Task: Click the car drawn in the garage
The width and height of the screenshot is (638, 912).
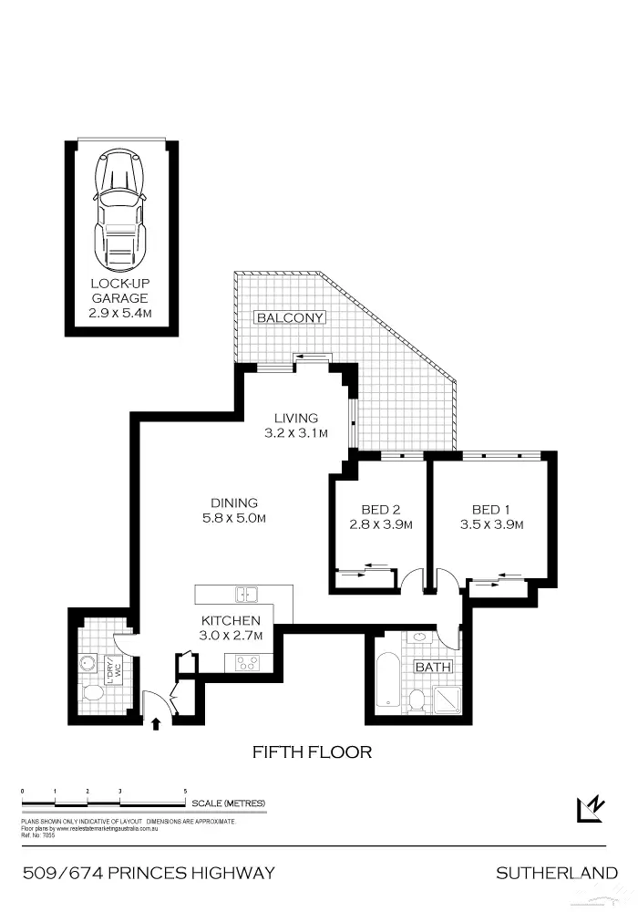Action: (x=119, y=211)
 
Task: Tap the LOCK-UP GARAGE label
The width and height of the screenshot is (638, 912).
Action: (x=119, y=291)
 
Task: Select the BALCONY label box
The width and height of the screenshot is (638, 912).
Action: (x=290, y=318)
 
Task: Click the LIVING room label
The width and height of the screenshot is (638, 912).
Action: (x=296, y=419)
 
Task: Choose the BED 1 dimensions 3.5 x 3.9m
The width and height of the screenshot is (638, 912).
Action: (x=491, y=524)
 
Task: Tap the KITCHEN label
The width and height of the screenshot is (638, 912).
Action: (x=232, y=620)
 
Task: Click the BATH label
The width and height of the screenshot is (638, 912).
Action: (x=433, y=667)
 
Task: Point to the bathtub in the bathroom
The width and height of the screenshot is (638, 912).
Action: (x=387, y=681)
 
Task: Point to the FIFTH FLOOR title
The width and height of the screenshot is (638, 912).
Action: (x=312, y=752)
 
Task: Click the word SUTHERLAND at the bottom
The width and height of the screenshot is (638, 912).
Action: (x=556, y=874)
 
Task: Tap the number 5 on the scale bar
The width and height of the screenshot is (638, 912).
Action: (x=185, y=792)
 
